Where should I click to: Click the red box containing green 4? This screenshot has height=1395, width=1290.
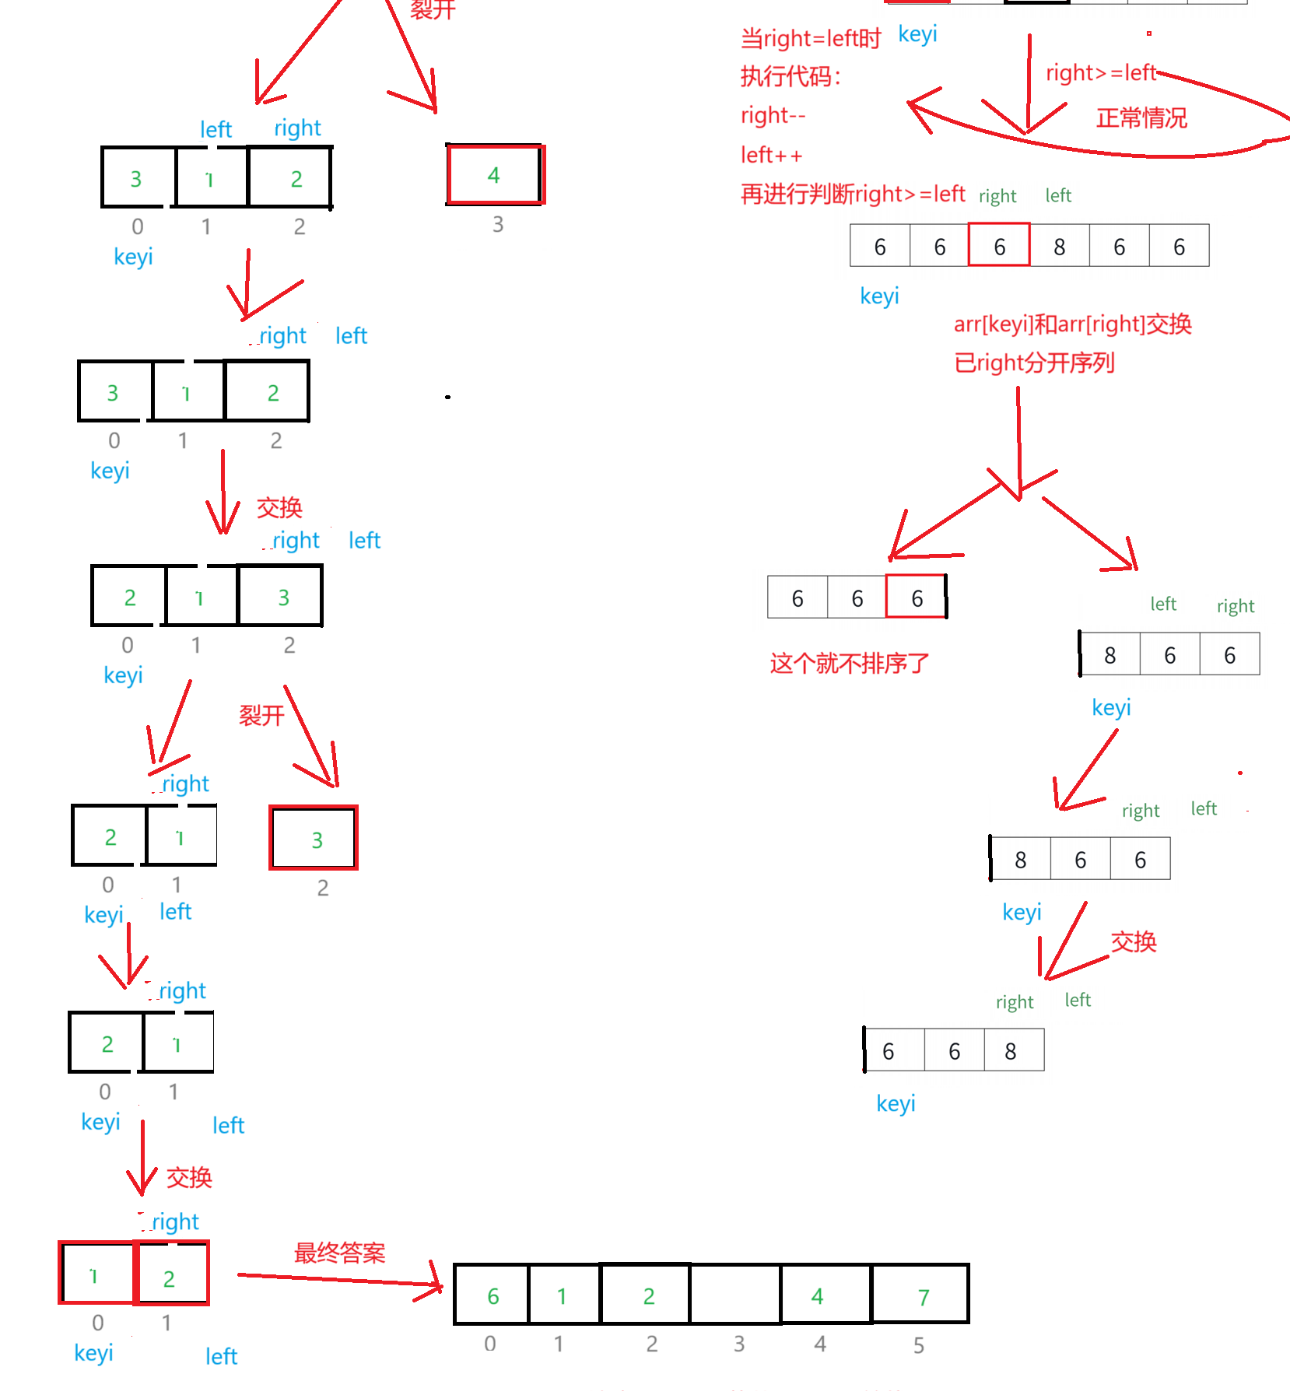point(496,175)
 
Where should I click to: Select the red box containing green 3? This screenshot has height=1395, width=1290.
point(314,838)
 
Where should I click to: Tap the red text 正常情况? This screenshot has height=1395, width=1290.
point(1141,118)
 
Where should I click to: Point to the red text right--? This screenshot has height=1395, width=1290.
point(773,116)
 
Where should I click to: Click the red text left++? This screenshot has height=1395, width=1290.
point(771,156)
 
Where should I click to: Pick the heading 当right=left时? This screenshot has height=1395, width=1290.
point(810,38)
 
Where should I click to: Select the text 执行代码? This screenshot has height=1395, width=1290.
point(790,76)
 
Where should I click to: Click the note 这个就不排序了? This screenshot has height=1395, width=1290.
point(849,664)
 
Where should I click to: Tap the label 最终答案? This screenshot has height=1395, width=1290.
point(339,1253)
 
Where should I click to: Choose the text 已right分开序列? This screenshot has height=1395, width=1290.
point(1035,363)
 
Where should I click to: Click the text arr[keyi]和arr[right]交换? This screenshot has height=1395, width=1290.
point(1073,324)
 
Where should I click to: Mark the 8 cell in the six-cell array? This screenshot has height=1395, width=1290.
point(1059,247)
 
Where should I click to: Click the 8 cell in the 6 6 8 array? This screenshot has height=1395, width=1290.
point(1011,1051)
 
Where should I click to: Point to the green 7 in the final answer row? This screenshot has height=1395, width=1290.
point(924,1298)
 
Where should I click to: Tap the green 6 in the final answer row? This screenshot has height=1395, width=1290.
point(493,1296)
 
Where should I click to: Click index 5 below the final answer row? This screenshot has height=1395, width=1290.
point(919,1345)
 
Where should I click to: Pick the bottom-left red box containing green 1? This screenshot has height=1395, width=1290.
point(95,1273)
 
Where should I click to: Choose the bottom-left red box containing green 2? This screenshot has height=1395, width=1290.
point(171,1273)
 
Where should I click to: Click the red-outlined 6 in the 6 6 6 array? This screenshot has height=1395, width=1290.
point(916,598)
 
